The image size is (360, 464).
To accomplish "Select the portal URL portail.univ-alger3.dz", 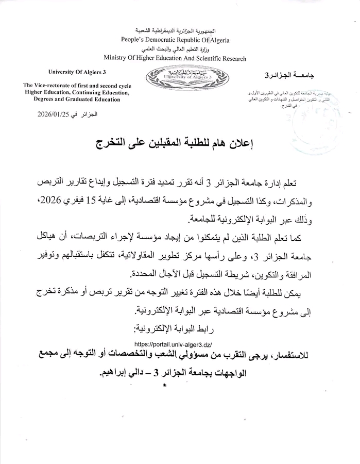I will [173, 344].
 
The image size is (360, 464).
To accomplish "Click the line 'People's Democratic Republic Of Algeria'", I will [175, 40].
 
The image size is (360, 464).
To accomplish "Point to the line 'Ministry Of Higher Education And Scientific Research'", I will [175, 59].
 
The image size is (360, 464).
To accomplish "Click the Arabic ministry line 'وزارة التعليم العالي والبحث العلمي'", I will [175, 49].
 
